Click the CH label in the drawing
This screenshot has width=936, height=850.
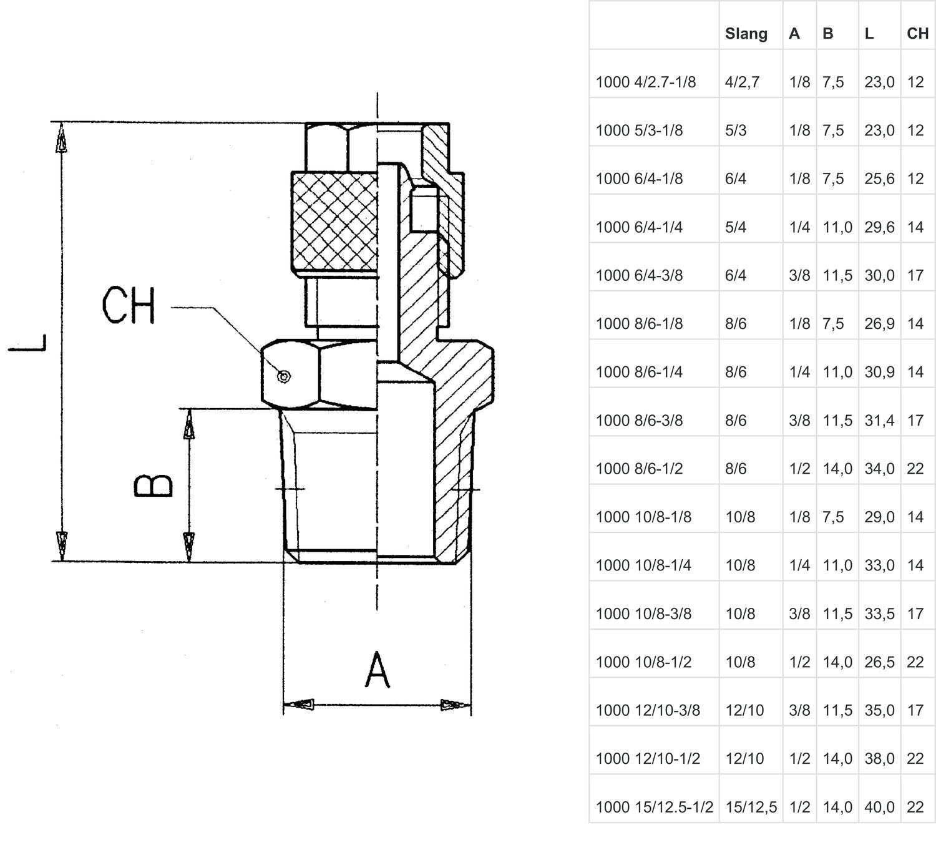pyautogui.click(x=129, y=306)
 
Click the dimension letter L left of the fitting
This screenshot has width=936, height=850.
pyautogui.click(x=27, y=343)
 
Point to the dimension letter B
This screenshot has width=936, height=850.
pyautogui.click(x=153, y=486)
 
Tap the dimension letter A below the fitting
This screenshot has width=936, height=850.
pyautogui.click(x=377, y=670)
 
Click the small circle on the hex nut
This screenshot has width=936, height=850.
pyautogui.click(x=284, y=376)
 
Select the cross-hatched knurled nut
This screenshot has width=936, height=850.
pyautogui.click(x=336, y=222)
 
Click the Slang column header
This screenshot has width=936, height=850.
pyautogui.click(x=746, y=34)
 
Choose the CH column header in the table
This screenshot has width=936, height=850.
pyautogui.click(x=917, y=34)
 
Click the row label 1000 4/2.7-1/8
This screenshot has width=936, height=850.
pyautogui.click(x=645, y=82)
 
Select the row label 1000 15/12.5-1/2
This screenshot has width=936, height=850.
pyautogui.click(x=654, y=807)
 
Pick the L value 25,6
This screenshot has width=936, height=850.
pyautogui.click(x=879, y=179)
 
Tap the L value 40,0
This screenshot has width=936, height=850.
pyautogui.click(x=879, y=807)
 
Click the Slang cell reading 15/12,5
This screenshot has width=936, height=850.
pyautogui.click(x=751, y=807)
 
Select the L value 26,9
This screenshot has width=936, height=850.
pyautogui.click(x=879, y=324)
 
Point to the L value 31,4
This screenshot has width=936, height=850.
pyautogui.click(x=879, y=421)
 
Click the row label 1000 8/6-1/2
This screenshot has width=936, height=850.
pyautogui.click(x=639, y=469)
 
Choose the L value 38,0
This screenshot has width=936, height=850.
pyautogui.click(x=879, y=759)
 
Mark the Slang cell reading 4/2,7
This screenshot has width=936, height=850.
pyautogui.click(x=742, y=82)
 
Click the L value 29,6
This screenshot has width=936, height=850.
pyautogui.click(x=879, y=227)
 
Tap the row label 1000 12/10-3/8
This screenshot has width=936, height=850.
pyautogui.click(x=648, y=710)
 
